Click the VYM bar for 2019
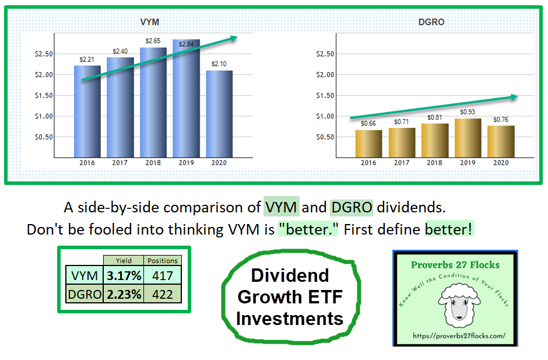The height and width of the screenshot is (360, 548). click(x=186, y=99)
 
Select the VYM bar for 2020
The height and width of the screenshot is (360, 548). click(x=219, y=114)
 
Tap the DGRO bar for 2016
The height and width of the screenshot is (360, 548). click(x=368, y=144)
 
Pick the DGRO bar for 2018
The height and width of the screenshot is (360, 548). click(x=434, y=141)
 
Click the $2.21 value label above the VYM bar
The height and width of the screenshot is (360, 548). click(x=86, y=60)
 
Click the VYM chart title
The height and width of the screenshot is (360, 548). click(x=150, y=22)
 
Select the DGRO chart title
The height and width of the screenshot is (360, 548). click(x=431, y=22)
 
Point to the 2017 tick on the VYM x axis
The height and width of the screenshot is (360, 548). click(x=120, y=163)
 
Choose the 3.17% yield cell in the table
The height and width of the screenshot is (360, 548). click(x=124, y=275)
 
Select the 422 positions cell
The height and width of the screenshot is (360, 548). click(x=163, y=294)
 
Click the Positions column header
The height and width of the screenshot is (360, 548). click(x=163, y=261)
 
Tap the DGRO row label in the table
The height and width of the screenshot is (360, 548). click(x=83, y=294)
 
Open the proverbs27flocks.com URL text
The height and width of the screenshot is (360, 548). click(x=455, y=336)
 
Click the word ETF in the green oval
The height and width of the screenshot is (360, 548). click(x=320, y=297)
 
